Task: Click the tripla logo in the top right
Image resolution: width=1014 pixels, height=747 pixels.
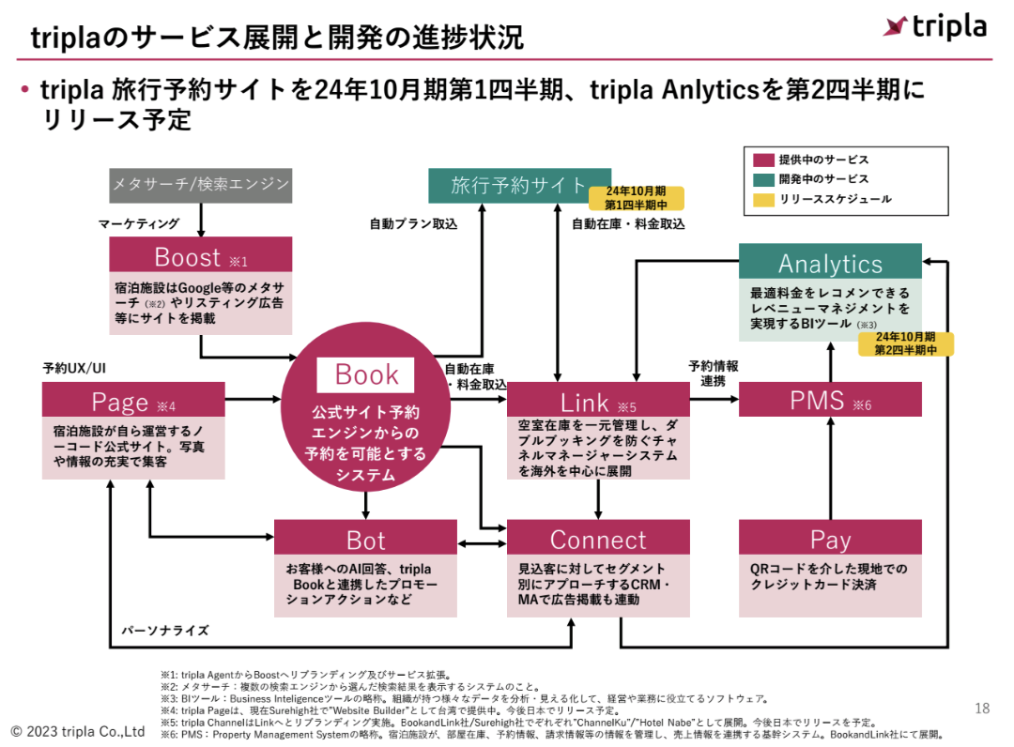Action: [x=934, y=26]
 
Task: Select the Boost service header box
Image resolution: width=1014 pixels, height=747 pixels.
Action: [x=200, y=255]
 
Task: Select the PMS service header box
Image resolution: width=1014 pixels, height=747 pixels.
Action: [x=830, y=401]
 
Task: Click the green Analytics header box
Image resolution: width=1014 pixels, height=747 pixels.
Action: [x=830, y=262]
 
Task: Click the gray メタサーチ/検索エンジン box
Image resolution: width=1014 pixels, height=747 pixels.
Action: [x=200, y=185]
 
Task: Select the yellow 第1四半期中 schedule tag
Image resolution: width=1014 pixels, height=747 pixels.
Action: [x=636, y=198]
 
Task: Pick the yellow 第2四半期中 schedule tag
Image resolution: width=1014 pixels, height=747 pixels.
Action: [x=906, y=343]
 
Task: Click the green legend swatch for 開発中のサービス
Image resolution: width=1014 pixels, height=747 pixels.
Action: [x=761, y=179]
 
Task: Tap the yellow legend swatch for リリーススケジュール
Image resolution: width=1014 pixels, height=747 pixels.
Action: [x=761, y=199]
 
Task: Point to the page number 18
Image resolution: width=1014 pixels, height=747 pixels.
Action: [x=982, y=709]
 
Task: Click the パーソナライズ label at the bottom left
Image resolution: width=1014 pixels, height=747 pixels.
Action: [x=165, y=631]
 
